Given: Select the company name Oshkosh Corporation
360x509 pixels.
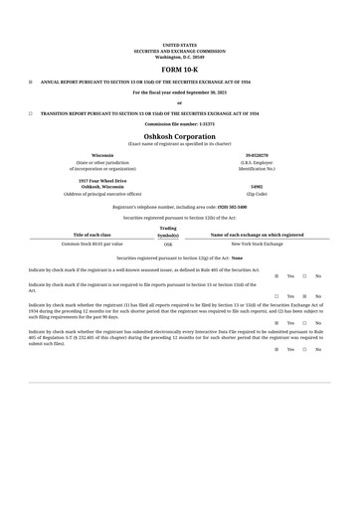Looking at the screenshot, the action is point(179,136).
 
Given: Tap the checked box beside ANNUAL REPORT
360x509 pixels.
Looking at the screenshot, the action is point(30,82).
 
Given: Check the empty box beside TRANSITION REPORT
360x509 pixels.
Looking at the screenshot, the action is point(30,114).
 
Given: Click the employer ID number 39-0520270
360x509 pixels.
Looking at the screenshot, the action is point(257,156).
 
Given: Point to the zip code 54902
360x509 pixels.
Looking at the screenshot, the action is point(257,186).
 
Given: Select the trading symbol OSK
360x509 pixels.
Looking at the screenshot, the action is point(168,244).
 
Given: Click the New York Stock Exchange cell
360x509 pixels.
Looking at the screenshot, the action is point(257,244).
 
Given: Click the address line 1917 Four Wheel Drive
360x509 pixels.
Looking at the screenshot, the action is point(102,181).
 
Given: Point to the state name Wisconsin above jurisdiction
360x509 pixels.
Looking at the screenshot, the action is point(102,156).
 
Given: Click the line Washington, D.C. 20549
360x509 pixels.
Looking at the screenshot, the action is point(179,56).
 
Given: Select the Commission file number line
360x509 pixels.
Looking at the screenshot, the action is point(179,123).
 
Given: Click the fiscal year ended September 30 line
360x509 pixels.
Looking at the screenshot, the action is point(179,92).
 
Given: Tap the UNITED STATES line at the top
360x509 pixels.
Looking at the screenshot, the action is point(179,45).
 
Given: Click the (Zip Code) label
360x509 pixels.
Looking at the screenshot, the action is point(257,194).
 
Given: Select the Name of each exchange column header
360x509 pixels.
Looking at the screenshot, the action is point(257,235).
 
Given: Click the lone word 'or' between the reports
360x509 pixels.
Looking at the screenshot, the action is point(179,103).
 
